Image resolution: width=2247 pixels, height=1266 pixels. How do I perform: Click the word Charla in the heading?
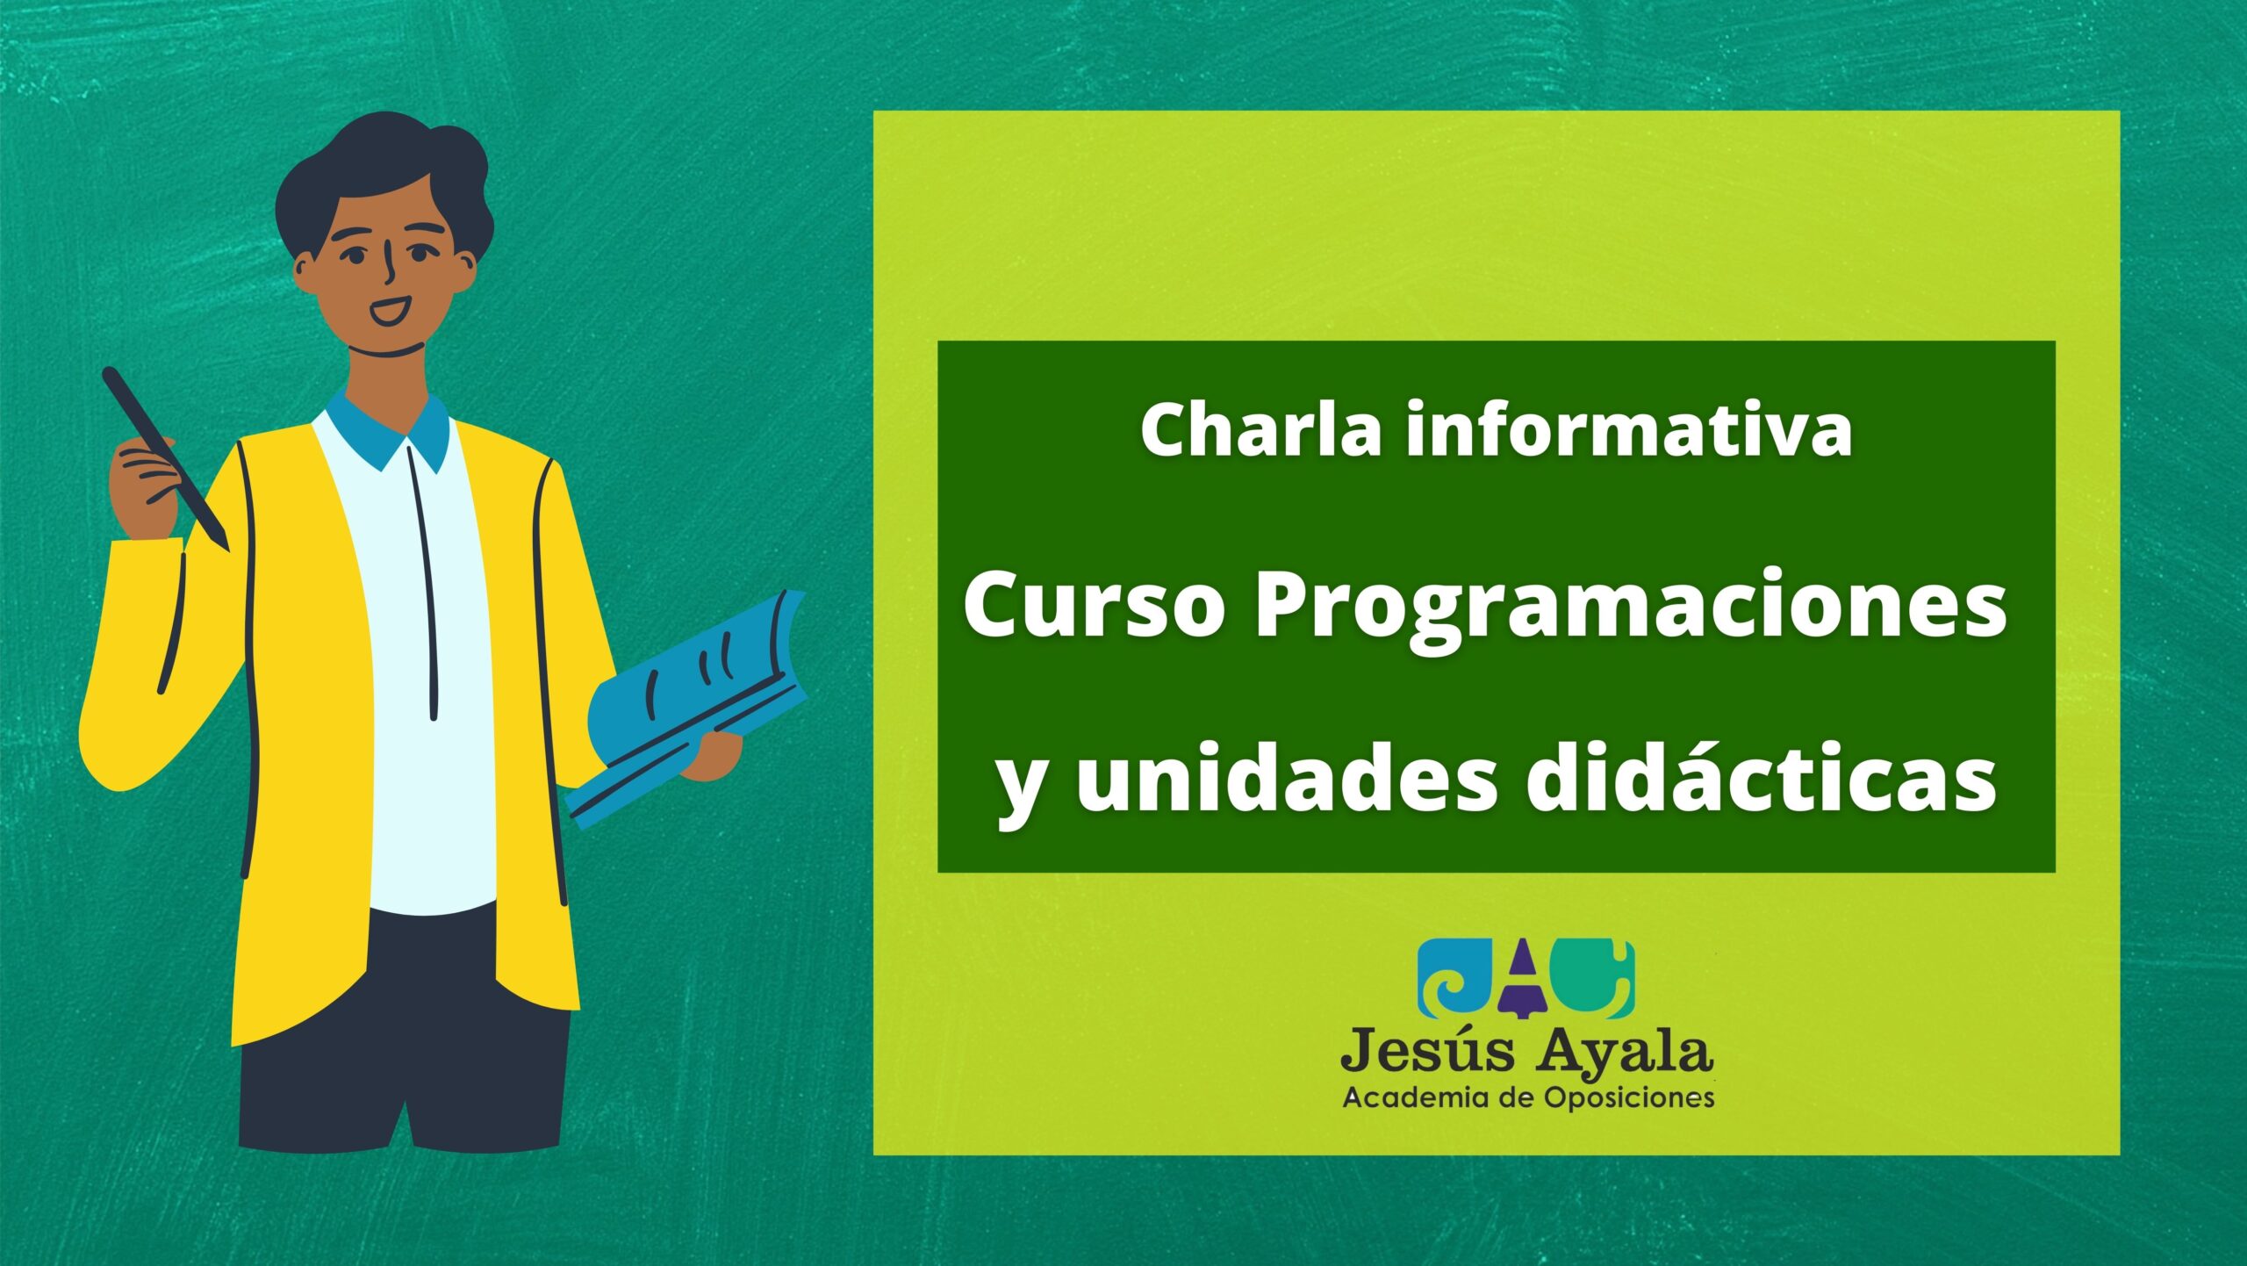(x=1262, y=429)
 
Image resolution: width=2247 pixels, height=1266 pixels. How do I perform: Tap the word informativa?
(x=1628, y=429)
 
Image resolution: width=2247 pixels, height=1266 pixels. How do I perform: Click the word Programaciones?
(x=1630, y=608)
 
